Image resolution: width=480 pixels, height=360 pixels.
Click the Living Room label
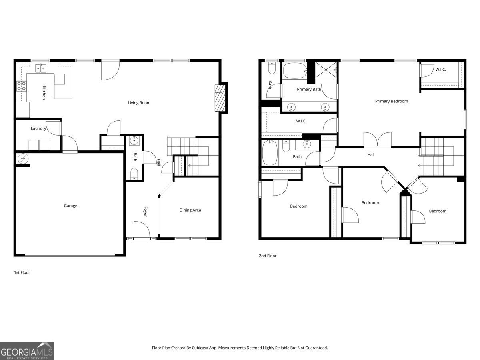click(139, 103)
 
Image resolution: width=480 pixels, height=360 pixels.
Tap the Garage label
click(70, 206)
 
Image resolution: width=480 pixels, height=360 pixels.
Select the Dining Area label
click(190, 210)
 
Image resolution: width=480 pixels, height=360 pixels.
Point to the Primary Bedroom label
click(392, 101)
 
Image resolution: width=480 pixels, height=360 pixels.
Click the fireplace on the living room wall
click(220, 98)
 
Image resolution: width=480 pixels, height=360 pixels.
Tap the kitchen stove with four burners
click(22, 86)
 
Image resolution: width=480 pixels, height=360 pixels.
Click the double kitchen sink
click(41, 68)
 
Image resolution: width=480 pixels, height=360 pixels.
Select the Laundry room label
click(38, 128)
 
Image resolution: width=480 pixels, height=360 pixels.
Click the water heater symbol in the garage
click(23, 158)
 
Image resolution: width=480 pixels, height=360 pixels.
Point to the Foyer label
click(146, 211)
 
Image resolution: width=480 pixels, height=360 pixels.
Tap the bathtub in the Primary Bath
click(295, 71)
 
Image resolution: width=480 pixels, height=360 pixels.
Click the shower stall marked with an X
click(326, 70)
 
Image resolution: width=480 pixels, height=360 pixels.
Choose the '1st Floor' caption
click(22, 272)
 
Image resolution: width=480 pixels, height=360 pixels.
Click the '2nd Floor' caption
click(268, 256)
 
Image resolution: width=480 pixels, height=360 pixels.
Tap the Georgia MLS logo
click(27, 351)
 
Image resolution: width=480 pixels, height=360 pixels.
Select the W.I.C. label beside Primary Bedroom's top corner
click(440, 70)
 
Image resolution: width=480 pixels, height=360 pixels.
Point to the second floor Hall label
click(371, 154)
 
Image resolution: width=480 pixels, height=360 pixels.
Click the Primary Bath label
click(309, 89)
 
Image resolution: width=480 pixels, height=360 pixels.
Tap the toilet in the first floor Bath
click(134, 174)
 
